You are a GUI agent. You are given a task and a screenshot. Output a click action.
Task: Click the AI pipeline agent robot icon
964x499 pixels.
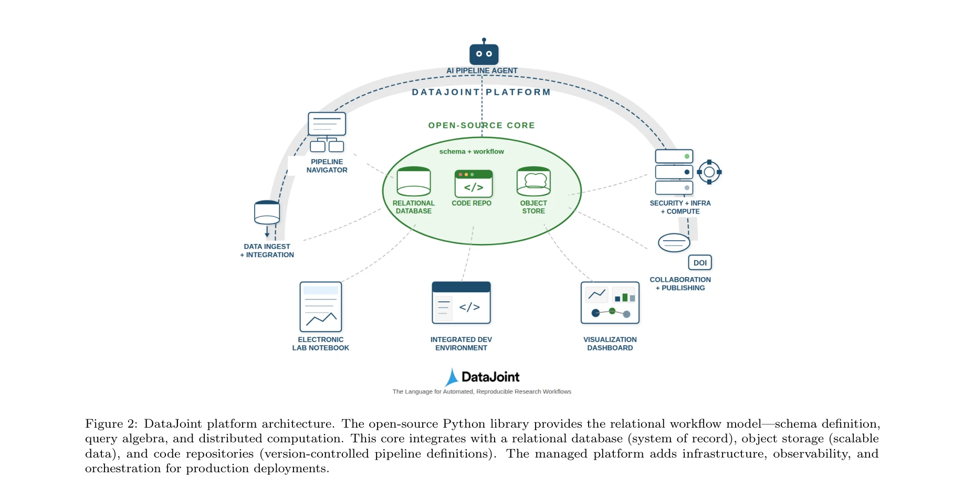click(x=484, y=53)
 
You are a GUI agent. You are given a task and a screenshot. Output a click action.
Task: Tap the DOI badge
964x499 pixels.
click(x=700, y=262)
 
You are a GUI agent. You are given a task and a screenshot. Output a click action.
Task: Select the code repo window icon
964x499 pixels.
click(x=473, y=184)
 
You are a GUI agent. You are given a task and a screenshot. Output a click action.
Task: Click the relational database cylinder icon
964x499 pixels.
click(x=414, y=182)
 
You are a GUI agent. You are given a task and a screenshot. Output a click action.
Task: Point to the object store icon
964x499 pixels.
click(x=533, y=182)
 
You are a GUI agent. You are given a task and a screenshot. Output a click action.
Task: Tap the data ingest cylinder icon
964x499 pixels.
click(x=267, y=213)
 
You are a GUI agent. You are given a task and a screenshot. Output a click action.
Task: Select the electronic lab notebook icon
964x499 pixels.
click(x=320, y=306)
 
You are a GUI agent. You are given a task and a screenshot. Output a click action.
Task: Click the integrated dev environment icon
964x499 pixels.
click(x=461, y=303)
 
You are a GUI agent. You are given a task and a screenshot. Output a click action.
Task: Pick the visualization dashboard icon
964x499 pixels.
click(x=610, y=303)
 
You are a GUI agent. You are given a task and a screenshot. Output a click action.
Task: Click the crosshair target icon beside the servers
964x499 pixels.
click(x=709, y=172)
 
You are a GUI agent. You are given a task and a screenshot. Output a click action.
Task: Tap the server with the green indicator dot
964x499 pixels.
click(x=674, y=156)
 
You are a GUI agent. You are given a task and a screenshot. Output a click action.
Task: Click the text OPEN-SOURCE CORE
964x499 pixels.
click(x=481, y=125)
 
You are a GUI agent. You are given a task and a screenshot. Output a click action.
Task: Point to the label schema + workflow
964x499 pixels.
click(x=471, y=152)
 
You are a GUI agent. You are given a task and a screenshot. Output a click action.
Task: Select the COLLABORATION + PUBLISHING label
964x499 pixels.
click(x=680, y=284)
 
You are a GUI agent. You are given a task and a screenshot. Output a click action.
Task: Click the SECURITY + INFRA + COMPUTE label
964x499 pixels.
click(x=680, y=207)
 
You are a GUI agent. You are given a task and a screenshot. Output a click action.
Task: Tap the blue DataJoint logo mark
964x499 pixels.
click(x=452, y=377)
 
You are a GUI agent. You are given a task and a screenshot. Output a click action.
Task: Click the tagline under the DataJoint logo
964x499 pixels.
click(x=481, y=392)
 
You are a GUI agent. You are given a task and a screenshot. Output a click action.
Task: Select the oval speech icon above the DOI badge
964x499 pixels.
click(x=674, y=242)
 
